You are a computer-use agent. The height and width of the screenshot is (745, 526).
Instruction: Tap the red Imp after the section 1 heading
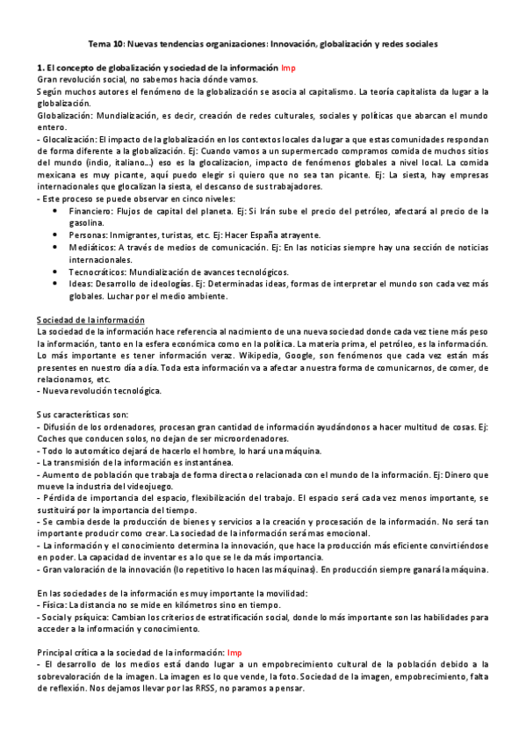[x=287, y=67]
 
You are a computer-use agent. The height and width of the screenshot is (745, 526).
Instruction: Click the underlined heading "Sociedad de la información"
[x=90, y=320]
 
